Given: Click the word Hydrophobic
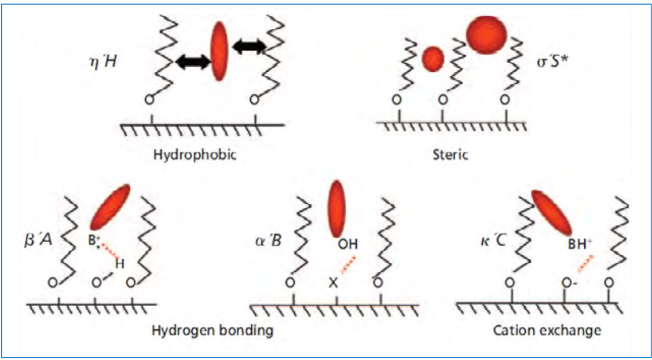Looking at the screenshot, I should click(195, 155).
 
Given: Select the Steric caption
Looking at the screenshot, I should click(451, 155).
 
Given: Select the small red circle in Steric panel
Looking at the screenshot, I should click(433, 59).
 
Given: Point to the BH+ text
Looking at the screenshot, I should click(580, 245).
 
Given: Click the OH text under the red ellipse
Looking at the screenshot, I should click(347, 245).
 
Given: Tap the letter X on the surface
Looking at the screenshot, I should click(333, 284).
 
